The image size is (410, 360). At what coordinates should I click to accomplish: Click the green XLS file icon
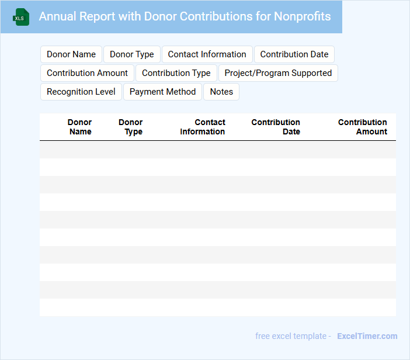click(21, 17)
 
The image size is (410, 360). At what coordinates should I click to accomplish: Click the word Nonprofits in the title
click(302, 16)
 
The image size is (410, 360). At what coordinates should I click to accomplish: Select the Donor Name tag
click(71, 54)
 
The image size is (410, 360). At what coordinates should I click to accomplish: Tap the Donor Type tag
click(132, 54)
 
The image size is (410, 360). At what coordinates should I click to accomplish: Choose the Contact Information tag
click(207, 54)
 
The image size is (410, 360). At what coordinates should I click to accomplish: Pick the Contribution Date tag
click(294, 54)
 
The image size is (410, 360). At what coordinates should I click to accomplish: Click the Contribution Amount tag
click(87, 73)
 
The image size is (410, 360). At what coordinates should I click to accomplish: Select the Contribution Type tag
click(176, 73)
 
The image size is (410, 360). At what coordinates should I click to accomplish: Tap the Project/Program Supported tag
click(278, 73)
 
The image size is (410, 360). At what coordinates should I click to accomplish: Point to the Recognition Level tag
click(81, 92)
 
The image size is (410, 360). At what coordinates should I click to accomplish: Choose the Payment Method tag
click(163, 92)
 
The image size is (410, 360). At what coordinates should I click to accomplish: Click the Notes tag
click(221, 92)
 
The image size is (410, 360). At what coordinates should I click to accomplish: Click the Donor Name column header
click(80, 127)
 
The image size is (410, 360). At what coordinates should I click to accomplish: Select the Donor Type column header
click(131, 127)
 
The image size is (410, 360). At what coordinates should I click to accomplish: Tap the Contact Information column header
click(203, 127)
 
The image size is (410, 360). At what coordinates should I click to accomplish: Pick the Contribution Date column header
click(276, 127)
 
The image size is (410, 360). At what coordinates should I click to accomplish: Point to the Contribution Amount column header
click(363, 127)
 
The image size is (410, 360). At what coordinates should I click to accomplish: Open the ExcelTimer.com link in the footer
click(367, 336)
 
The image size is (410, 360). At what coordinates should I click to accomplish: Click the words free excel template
click(291, 336)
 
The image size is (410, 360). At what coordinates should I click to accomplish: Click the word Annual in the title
click(57, 16)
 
